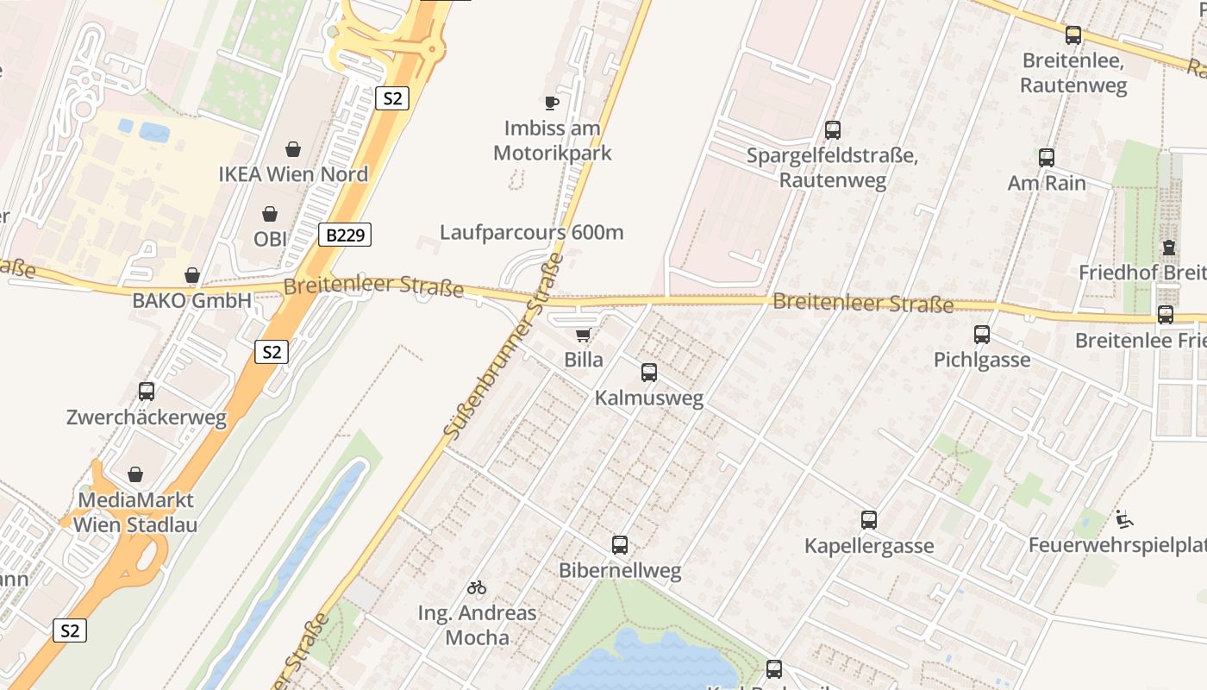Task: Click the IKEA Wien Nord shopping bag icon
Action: [293, 149]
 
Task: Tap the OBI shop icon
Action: [270, 214]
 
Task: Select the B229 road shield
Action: [345, 235]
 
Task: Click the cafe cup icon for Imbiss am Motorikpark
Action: [552, 103]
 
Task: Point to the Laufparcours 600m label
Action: [531, 232]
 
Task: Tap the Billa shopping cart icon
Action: [584, 335]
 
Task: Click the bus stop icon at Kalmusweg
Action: [649, 373]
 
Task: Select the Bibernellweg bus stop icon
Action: [620, 545]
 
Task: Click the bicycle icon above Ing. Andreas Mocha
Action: [477, 587]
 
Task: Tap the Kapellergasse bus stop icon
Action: [869, 520]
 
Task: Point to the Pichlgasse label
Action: [982, 360]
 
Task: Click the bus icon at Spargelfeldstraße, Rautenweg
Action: [832, 130]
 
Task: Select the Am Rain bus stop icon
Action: [1047, 158]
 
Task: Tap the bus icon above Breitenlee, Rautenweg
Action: [1073, 35]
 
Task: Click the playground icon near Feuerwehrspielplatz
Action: [1124, 519]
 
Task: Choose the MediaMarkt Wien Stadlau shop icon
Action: [135, 474]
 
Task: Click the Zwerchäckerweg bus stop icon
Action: [147, 392]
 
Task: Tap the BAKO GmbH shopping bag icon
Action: [191, 275]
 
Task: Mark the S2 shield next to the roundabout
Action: [391, 98]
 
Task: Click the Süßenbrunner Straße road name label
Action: [504, 346]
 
